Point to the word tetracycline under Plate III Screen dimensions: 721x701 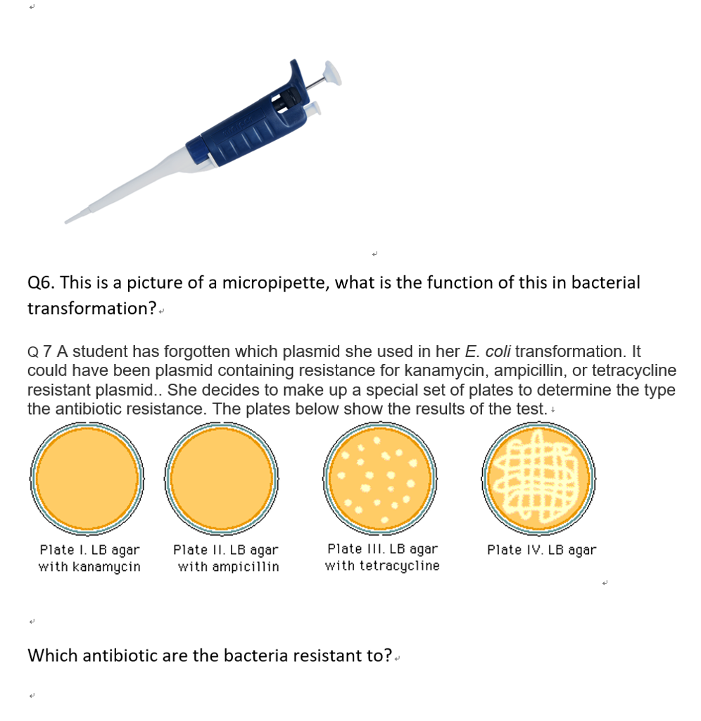point(399,566)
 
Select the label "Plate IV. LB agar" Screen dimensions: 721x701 point(541,550)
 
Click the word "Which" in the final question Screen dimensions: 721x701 point(53,656)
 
